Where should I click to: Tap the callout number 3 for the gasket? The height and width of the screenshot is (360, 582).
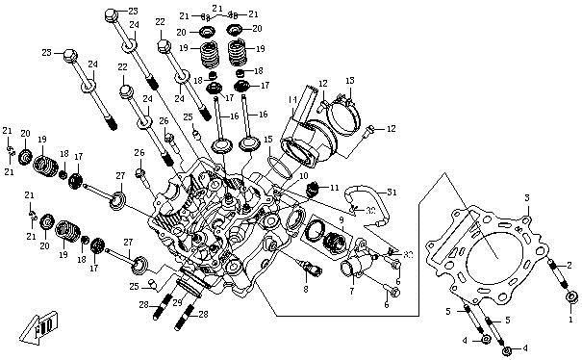(526, 196)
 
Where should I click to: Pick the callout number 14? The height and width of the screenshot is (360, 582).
(291, 99)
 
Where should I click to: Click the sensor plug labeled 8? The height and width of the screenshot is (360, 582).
(306, 264)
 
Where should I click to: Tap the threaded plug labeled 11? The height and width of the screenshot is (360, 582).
(311, 189)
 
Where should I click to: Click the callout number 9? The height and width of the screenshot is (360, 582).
(341, 219)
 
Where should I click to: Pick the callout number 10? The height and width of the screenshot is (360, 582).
(304, 176)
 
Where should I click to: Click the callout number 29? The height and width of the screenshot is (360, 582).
(176, 301)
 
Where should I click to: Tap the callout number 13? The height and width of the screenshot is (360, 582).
(351, 80)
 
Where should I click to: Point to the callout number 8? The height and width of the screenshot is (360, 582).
(305, 289)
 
